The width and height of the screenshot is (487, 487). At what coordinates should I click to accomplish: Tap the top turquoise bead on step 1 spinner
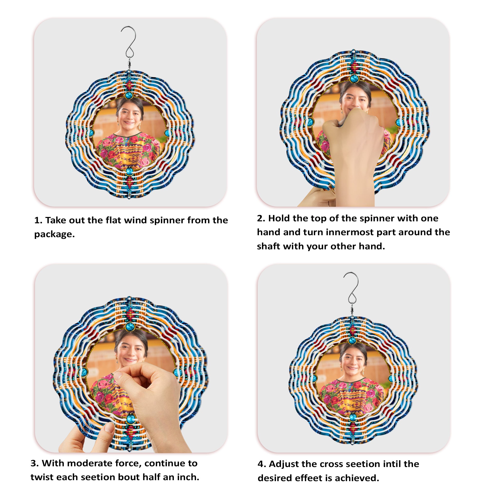coord(129,95)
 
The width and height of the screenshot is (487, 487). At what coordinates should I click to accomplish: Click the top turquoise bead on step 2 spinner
coord(354,79)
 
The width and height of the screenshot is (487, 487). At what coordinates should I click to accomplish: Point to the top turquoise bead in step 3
coord(130,327)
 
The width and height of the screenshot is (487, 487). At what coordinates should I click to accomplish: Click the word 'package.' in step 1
coord(55,234)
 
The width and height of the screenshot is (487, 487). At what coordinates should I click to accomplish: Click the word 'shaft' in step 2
coord(268,246)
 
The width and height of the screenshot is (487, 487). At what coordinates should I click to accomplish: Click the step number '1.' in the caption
coord(38,220)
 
